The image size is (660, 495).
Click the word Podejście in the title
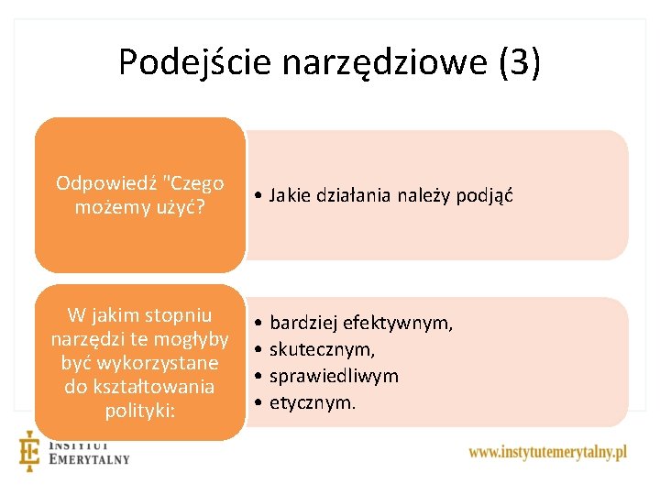(194, 62)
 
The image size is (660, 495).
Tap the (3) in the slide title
(520, 62)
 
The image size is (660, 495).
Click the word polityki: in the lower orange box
(139, 410)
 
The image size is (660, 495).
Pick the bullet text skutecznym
(322, 349)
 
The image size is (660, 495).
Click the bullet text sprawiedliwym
(334, 376)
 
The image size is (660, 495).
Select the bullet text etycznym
(313, 401)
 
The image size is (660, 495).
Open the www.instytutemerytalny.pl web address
(547, 452)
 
